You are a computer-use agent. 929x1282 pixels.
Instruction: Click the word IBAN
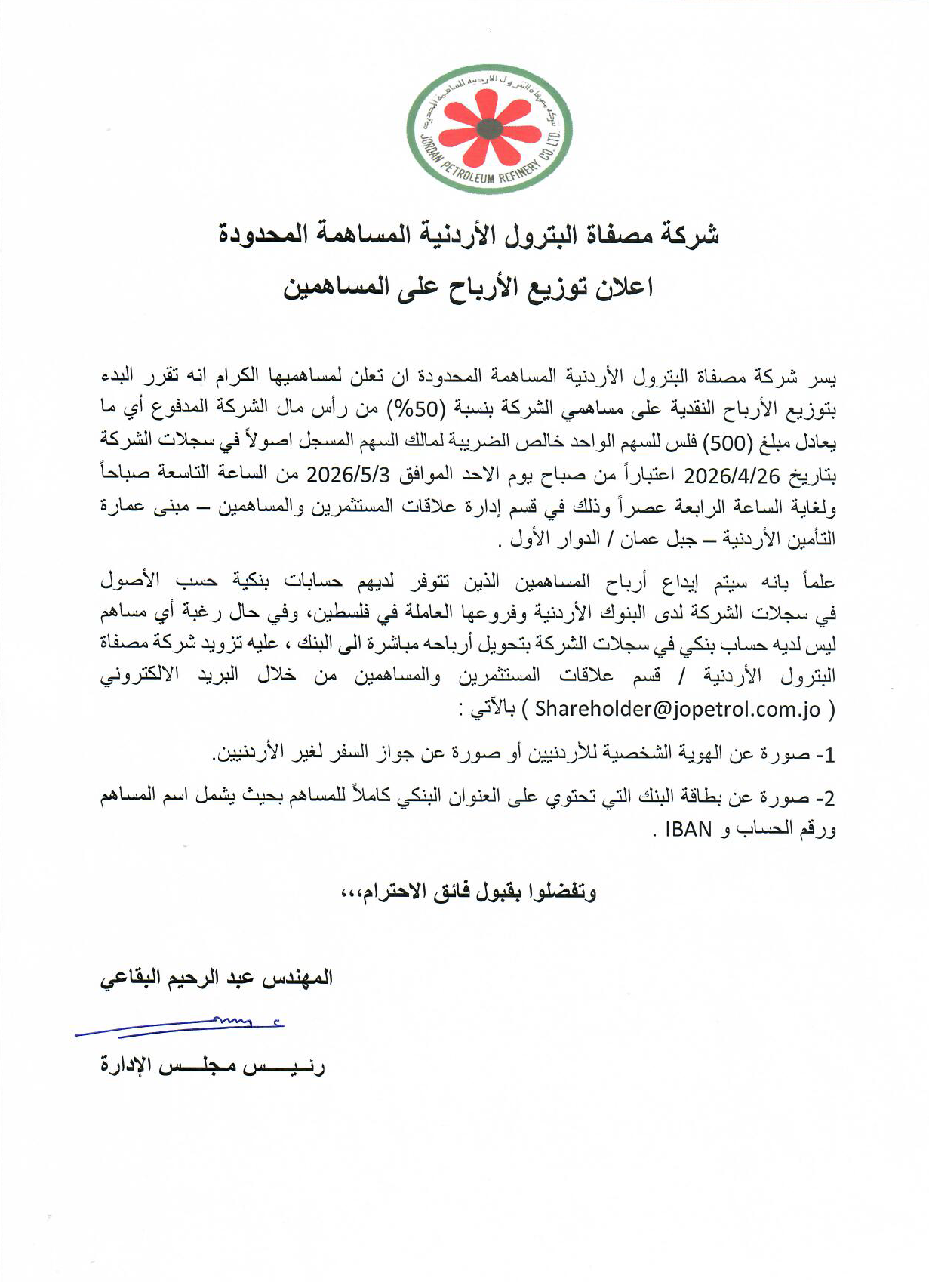[689, 829]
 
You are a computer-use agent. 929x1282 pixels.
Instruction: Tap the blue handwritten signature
[181, 1026]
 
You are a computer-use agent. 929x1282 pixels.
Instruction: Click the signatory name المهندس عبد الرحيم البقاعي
[216, 978]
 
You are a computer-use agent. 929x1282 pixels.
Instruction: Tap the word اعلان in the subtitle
[623, 288]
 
